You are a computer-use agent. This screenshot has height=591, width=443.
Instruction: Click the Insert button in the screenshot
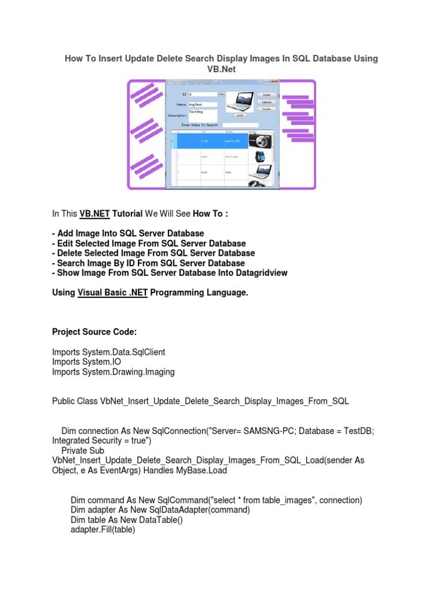point(267,95)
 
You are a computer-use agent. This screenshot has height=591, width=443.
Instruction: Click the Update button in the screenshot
point(267,102)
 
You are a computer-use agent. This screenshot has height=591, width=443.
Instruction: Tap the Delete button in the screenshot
point(267,109)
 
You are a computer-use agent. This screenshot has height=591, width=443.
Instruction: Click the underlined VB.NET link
point(94,214)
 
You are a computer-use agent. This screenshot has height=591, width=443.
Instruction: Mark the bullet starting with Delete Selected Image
point(153,253)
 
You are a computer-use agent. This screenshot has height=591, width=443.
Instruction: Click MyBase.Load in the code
point(203,470)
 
